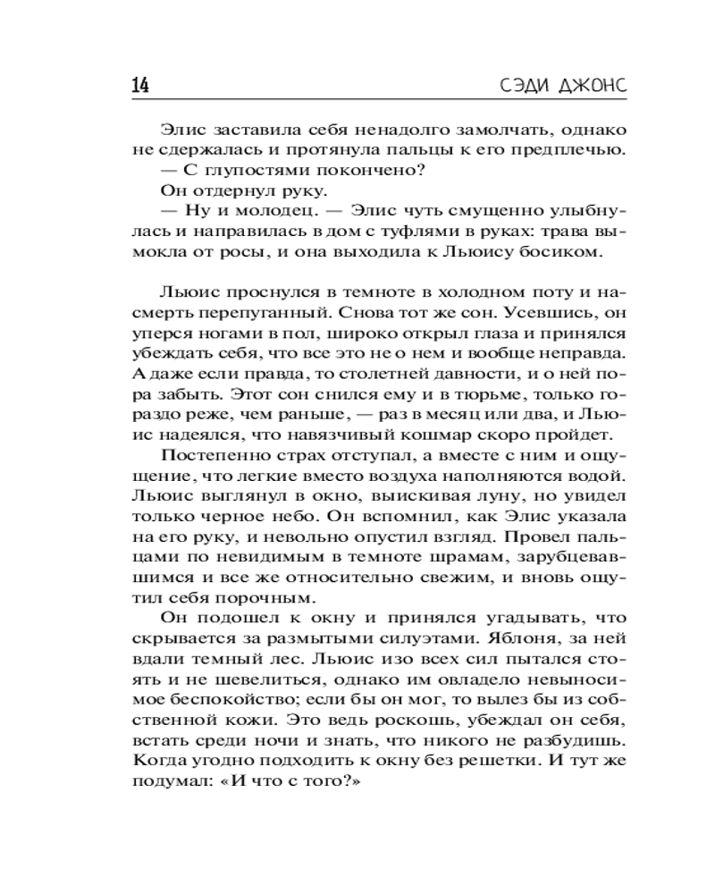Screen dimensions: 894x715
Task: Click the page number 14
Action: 139,86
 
